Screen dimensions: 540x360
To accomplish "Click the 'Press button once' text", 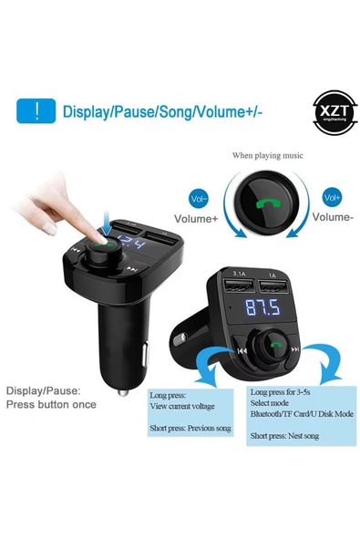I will click(x=54, y=402).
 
